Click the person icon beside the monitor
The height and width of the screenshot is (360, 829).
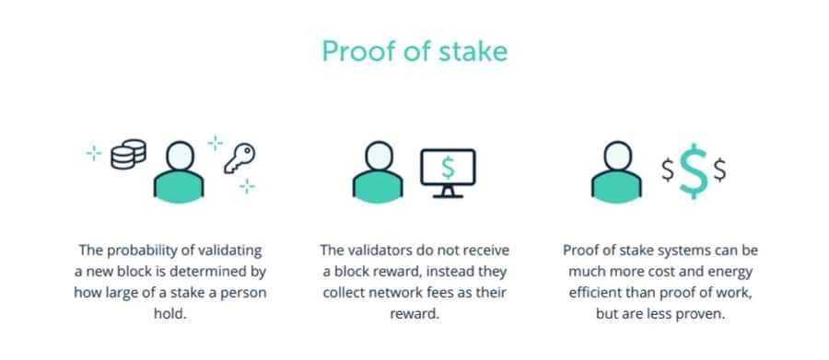[x=376, y=171]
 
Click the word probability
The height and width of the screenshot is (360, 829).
[x=147, y=250]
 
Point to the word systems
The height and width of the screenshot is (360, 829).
[x=686, y=250]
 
